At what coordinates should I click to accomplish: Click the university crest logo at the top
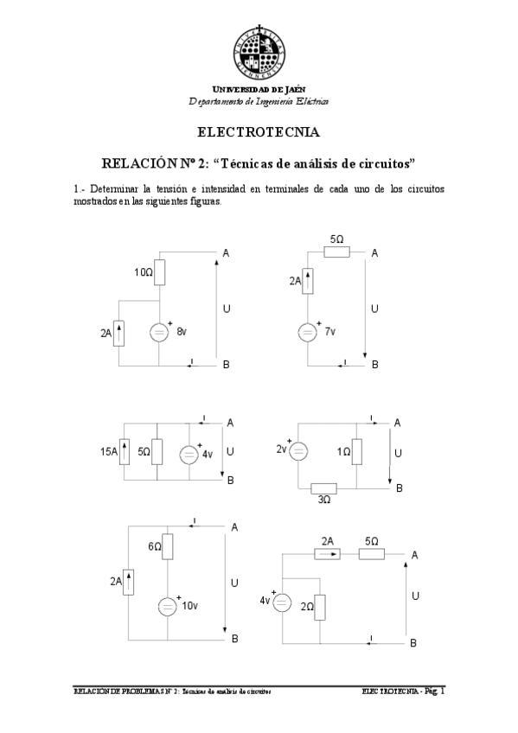(259, 50)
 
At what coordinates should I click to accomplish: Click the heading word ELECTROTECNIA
(259, 133)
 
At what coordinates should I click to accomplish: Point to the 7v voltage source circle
(307, 332)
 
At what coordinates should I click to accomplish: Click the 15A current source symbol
(125, 451)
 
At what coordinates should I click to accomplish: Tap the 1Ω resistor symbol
(357, 452)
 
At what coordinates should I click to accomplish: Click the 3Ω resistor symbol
(323, 489)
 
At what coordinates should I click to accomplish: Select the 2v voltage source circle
(297, 450)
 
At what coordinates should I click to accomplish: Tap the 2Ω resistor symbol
(320, 607)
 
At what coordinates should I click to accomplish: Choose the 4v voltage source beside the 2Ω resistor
(282, 602)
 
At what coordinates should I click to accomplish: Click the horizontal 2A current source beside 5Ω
(328, 554)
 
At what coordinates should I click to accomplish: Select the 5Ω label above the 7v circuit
(337, 238)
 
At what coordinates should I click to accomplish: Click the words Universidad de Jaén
(259, 89)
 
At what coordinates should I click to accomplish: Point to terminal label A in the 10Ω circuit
(226, 252)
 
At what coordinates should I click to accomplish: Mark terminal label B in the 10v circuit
(234, 639)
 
